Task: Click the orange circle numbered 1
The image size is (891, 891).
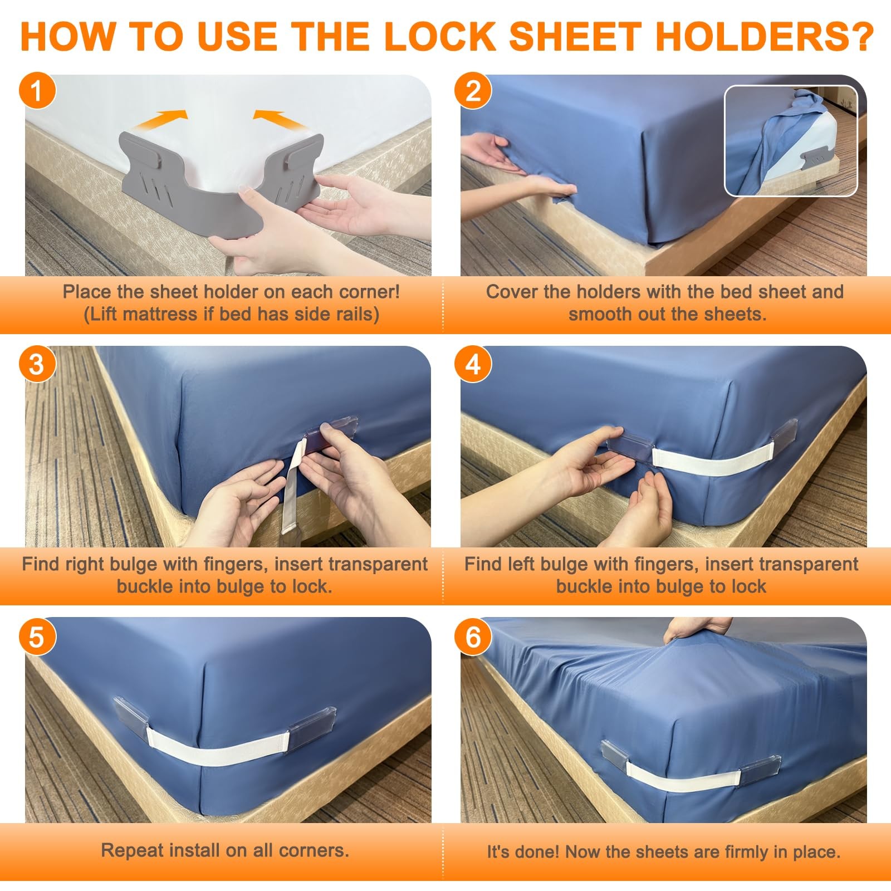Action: point(37,90)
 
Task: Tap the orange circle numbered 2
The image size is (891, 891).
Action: point(473,90)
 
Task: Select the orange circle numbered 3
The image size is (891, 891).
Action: point(37,364)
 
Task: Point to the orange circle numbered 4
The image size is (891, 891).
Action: point(473,364)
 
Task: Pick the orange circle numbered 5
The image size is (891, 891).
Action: point(37,637)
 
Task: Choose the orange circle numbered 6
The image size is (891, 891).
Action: point(473,637)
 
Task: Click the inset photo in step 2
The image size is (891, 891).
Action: point(791,141)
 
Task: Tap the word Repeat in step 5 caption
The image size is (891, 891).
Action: point(133,850)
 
